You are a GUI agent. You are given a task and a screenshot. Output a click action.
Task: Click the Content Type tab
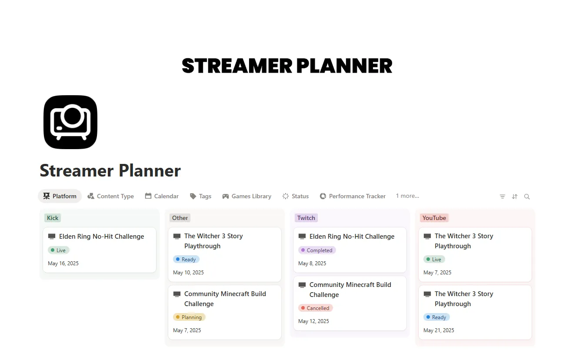click(x=111, y=196)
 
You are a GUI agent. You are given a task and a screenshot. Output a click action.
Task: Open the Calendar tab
click(x=162, y=196)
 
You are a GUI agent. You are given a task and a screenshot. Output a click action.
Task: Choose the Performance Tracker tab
click(x=353, y=196)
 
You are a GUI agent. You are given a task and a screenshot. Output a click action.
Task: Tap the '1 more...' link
click(x=407, y=196)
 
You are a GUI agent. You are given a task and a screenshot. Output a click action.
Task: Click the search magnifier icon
click(x=527, y=197)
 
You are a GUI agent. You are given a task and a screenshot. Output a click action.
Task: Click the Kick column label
click(x=53, y=218)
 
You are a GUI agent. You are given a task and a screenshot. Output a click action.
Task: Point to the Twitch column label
click(x=306, y=218)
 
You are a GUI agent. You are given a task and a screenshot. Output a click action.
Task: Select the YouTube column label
click(x=434, y=218)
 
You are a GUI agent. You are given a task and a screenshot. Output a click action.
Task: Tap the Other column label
click(x=180, y=218)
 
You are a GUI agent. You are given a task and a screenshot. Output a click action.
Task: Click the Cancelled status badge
click(x=316, y=308)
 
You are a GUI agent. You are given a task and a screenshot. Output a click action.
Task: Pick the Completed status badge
click(x=317, y=250)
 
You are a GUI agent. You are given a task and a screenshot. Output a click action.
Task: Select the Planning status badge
click(x=189, y=317)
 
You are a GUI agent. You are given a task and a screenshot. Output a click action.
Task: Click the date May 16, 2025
click(x=63, y=263)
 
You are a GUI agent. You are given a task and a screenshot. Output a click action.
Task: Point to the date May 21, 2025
click(x=439, y=330)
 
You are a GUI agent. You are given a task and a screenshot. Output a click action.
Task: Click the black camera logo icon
click(x=70, y=122)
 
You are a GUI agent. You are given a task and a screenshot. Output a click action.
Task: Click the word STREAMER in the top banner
click(x=237, y=66)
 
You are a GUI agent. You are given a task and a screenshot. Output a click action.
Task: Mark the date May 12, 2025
click(x=313, y=321)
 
